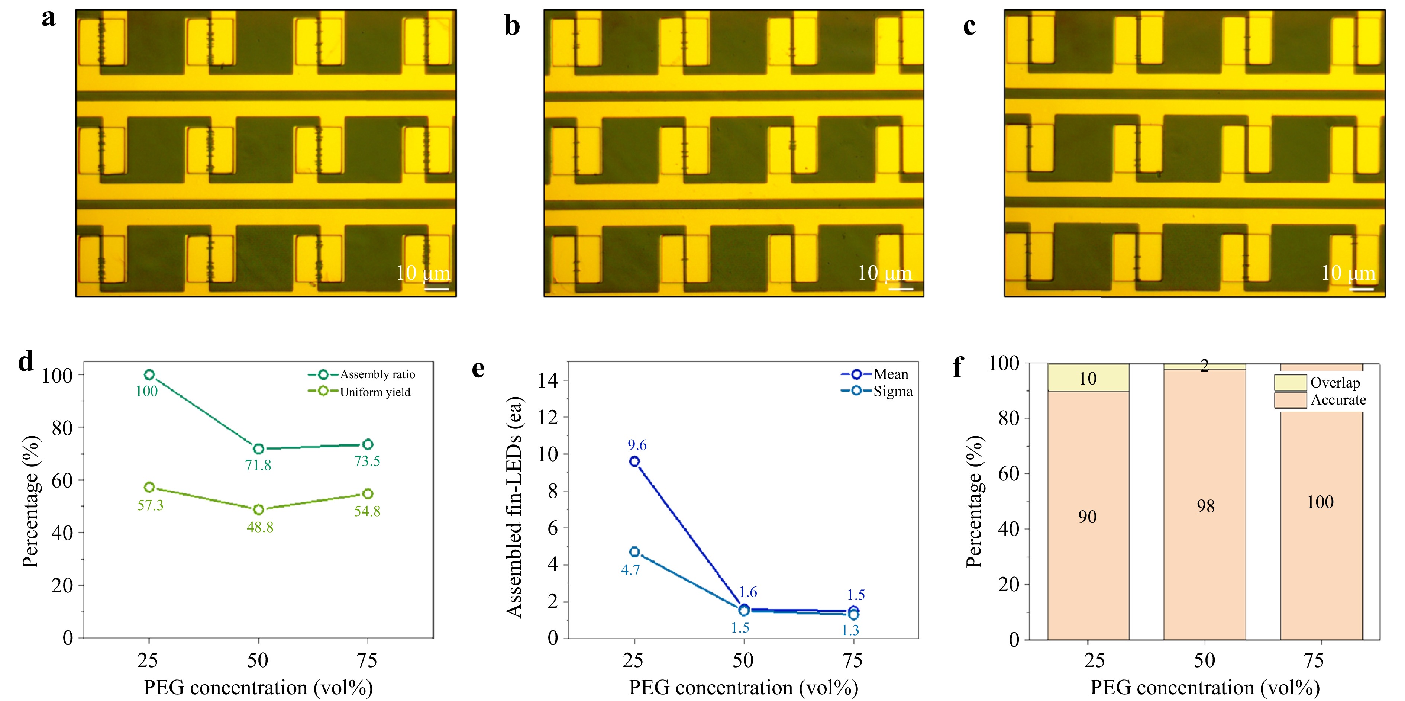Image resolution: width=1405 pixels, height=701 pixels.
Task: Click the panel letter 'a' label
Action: pos(49,18)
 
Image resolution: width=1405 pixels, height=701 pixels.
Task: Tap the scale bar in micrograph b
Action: pos(901,289)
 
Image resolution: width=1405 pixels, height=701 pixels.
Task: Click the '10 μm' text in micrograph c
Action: pos(1348,273)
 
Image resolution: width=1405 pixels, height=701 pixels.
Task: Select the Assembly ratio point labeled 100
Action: pos(149,375)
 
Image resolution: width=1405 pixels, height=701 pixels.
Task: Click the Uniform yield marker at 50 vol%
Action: pos(259,509)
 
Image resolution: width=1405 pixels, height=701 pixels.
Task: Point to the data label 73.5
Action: pos(367,462)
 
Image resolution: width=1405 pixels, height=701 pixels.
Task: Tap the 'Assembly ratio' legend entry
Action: pos(377,374)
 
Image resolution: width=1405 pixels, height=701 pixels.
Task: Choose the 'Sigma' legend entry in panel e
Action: pos(892,391)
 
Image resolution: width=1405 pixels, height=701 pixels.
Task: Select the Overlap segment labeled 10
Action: pos(1088,378)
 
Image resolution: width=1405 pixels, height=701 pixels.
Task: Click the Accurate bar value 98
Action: pos(1205,506)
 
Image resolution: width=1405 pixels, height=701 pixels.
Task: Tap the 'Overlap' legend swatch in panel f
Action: pos(1290,382)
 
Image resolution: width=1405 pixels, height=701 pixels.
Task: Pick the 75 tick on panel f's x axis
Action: pos(1313,660)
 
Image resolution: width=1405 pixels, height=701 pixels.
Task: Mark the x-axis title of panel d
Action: pos(258,687)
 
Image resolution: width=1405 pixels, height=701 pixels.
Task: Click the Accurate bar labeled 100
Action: pos(1320,502)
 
